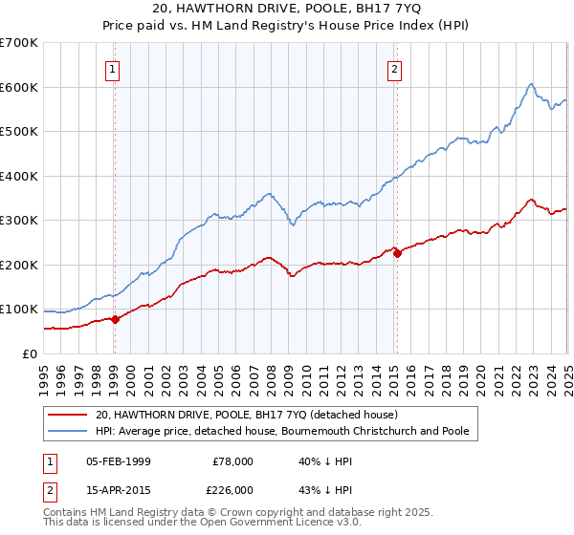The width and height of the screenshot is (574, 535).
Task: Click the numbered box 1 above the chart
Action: point(113,68)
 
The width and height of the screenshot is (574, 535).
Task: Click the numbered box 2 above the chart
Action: point(394,68)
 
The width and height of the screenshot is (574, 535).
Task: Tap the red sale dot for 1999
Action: point(115,319)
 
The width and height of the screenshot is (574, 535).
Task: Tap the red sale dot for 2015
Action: point(397,253)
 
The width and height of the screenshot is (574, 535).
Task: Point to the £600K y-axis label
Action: point(18,87)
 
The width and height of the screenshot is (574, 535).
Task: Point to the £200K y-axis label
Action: point(18,265)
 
